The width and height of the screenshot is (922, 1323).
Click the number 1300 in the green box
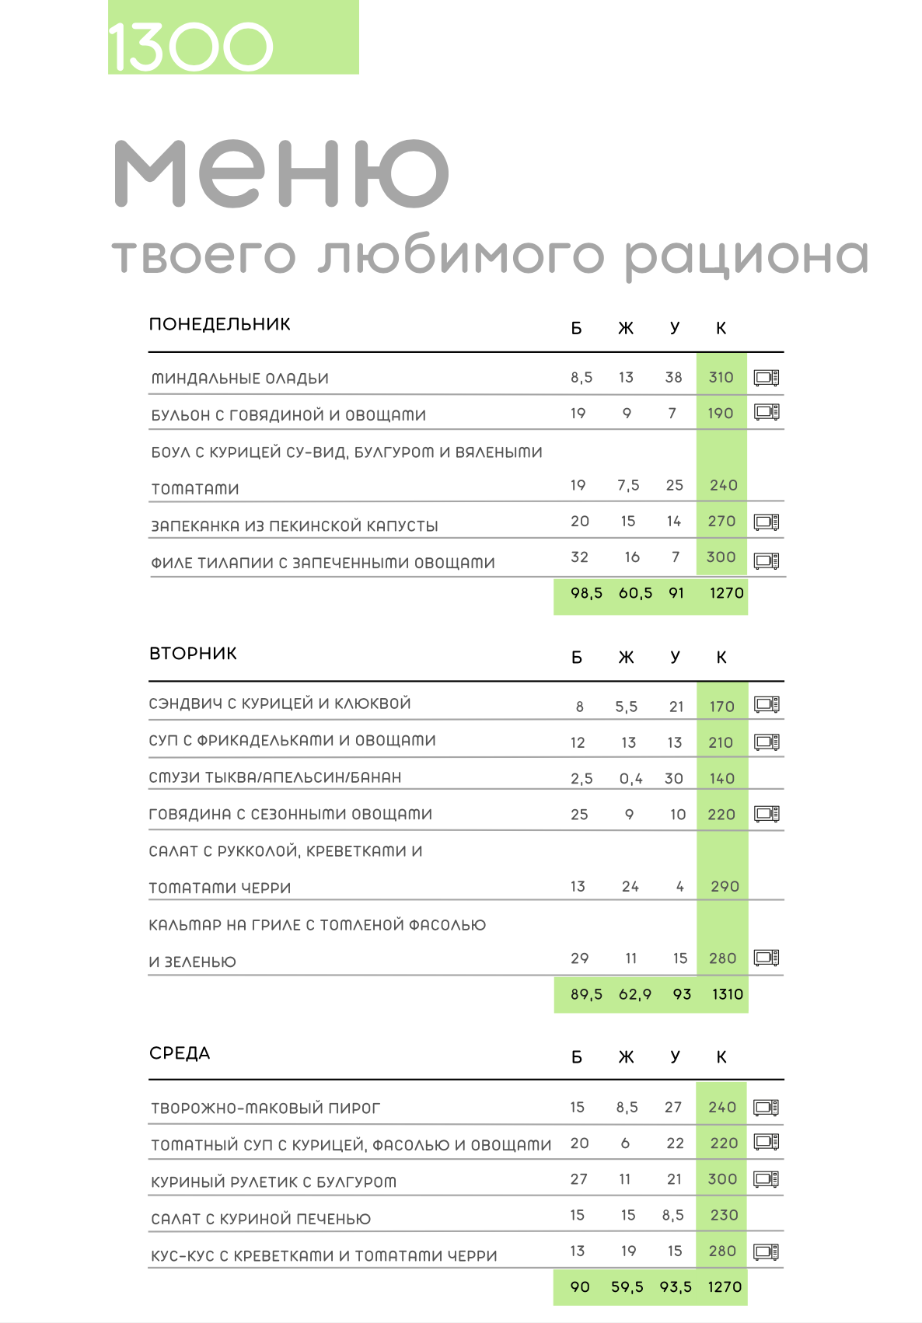[190, 47]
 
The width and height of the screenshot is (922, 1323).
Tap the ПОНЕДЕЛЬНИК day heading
[220, 324]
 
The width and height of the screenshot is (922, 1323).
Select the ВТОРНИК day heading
[193, 654]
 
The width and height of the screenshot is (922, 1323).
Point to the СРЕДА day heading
[180, 1053]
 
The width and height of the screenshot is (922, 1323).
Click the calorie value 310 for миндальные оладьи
[721, 378]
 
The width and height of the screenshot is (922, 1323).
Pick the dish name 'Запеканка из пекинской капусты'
[295, 526]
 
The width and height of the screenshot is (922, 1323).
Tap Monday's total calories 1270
[726, 593]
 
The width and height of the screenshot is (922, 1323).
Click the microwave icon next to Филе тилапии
[767, 560]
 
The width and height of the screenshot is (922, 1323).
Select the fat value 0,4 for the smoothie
[630, 779]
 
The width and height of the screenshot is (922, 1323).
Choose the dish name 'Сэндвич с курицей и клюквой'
[280, 703]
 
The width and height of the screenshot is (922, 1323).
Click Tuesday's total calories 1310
[727, 994]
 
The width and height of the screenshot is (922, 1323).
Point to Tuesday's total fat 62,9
[634, 994]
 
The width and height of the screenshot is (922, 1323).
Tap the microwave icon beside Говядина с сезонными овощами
[767, 814]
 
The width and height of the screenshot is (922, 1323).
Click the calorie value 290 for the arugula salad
[725, 887]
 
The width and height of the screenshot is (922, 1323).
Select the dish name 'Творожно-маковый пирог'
[266, 1108]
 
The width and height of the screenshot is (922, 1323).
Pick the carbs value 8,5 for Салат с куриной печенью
[673, 1215]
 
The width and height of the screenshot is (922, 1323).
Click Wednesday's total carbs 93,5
[675, 1287]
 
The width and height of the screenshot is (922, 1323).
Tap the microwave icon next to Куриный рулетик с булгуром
[767, 1179]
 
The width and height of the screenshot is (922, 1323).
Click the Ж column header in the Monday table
[626, 329]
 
